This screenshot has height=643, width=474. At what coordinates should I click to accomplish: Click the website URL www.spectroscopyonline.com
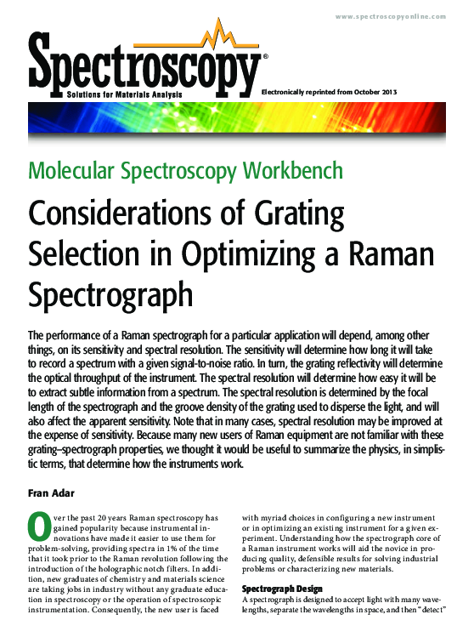(400, 17)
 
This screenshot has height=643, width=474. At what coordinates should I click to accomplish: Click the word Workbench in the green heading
(293, 170)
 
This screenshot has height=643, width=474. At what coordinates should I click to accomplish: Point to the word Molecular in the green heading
(72, 170)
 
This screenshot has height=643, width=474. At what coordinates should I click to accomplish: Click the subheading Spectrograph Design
(282, 588)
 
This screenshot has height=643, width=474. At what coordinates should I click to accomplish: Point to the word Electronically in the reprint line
(289, 92)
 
